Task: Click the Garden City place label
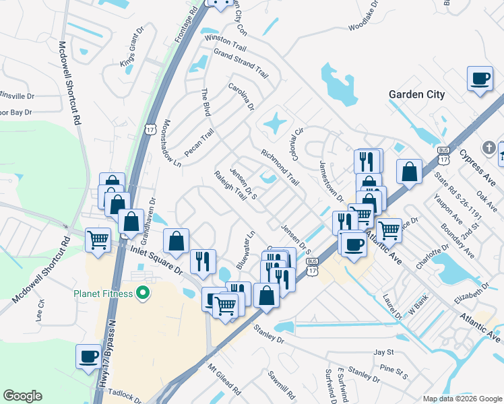point(416,94)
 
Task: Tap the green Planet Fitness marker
point(142,293)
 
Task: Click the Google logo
point(22,396)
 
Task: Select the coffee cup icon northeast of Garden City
point(480,79)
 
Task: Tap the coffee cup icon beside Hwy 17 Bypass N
point(88,356)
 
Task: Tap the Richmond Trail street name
point(280,168)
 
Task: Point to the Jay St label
point(383,352)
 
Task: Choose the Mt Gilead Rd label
point(224,380)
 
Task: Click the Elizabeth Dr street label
point(470,291)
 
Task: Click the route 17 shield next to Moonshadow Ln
point(150,127)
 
